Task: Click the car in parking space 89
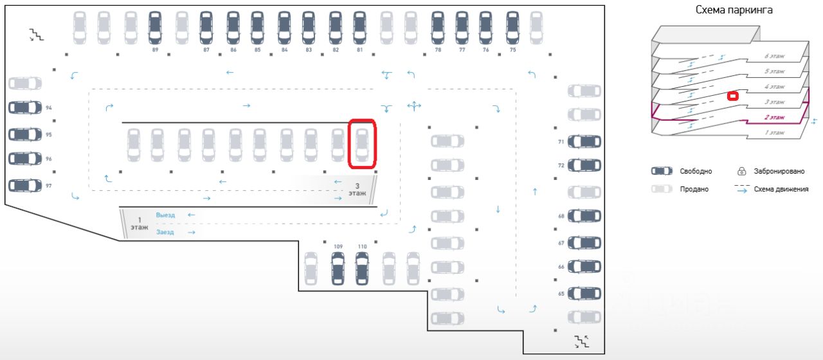click(x=154, y=27)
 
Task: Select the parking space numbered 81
click(x=360, y=27)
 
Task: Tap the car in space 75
click(x=512, y=27)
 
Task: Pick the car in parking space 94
click(x=25, y=107)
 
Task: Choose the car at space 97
click(x=25, y=185)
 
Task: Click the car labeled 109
click(x=338, y=268)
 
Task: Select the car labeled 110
click(x=362, y=268)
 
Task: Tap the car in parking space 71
click(x=584, y=141)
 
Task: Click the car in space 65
click(x=584, y=293)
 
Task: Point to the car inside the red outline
click(x=362, y=145)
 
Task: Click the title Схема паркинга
click(x=734, y=10)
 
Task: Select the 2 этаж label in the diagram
click(x=774, y=118)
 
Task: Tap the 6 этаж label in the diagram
click(x=774, y=57)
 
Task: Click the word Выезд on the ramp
click(x=165, y=215)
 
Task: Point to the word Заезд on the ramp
click(x=165, y=232)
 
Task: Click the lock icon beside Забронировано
click(x=741, y=172)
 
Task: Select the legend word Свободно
click(x=696, y=172)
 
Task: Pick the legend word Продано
click(x=694, y=189)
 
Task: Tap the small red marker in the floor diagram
click(x=732, y=96)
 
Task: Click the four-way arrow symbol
click(x=413, y=105)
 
